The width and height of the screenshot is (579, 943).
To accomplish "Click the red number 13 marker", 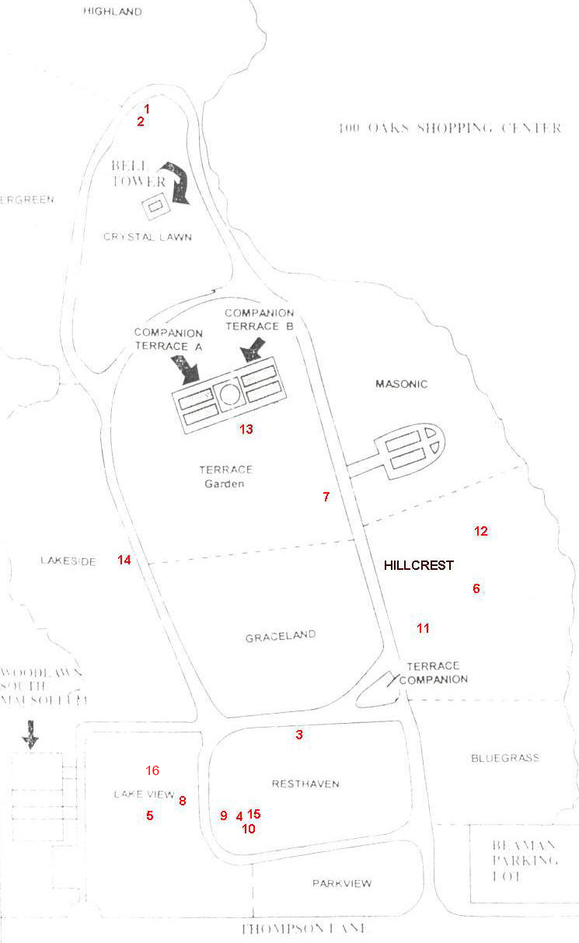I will (x=246, y=428).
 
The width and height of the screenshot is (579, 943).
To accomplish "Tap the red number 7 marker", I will (x=326, y=497).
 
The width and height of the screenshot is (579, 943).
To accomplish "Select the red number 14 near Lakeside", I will (x=124, y=560).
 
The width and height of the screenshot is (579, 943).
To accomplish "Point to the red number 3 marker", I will (x=298, y=735).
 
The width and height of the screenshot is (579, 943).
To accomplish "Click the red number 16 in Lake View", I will (x=152, y=770).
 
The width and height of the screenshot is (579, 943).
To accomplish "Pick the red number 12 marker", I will (x=481, y=531).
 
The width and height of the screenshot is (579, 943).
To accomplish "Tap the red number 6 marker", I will (x=476, y=589).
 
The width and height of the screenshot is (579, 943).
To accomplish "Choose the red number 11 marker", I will (x=423, y=628).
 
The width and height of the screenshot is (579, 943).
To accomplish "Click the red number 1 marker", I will (x=146, y=109).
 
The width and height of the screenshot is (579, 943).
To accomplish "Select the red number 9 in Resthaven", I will (x=224, y=816).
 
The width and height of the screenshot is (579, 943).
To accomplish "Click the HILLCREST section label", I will (x=418, y=565).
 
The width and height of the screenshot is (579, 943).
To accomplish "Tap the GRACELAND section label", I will (x=281, y=636).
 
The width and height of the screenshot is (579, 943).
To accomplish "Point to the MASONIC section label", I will (x=401, y=384).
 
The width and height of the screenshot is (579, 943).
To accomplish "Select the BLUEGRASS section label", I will (x=504, y=757).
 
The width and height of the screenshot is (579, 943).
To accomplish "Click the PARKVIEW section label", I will (x=342, y=883).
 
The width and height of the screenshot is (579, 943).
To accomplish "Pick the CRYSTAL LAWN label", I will (x=147, y=236).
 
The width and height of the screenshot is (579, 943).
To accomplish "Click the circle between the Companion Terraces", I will (x=230, y=394).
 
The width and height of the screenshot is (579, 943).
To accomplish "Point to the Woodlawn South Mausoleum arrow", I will (x=30, y=733).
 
